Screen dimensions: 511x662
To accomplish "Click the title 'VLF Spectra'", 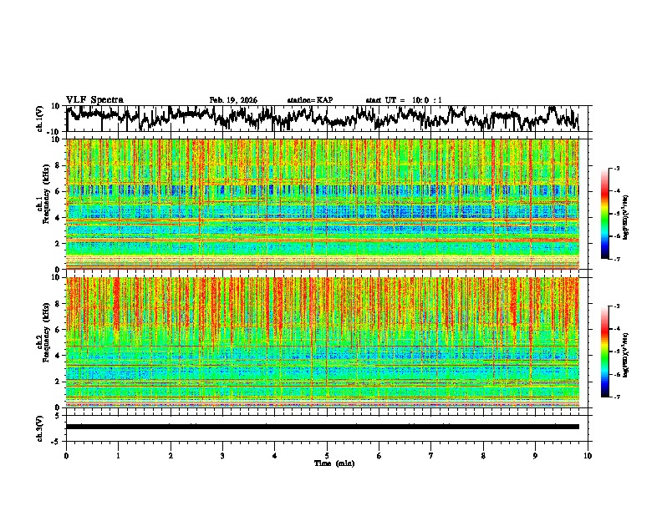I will tap(94, 100).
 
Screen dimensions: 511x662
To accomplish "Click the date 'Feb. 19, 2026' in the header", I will tap(233, 100).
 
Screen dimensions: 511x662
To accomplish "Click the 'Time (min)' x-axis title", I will tap(334, 463).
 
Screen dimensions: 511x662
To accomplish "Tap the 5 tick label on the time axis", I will tap(327, 456).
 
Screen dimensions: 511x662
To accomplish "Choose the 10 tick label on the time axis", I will tap(588, 456).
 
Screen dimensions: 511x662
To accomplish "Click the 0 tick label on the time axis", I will tap(66, 456).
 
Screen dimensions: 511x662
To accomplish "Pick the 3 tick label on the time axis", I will tap(222, 456).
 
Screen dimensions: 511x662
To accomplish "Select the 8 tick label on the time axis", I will tap(484, 456).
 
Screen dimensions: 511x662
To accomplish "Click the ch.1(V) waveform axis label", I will tap(39, 119).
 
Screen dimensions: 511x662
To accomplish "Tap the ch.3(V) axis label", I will tap(39, 427).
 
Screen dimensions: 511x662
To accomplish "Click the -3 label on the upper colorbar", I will tap(616, 169).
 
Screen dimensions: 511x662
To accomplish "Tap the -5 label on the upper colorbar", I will tap(616, 214).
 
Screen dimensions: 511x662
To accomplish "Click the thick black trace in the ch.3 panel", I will tap(322, 427).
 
